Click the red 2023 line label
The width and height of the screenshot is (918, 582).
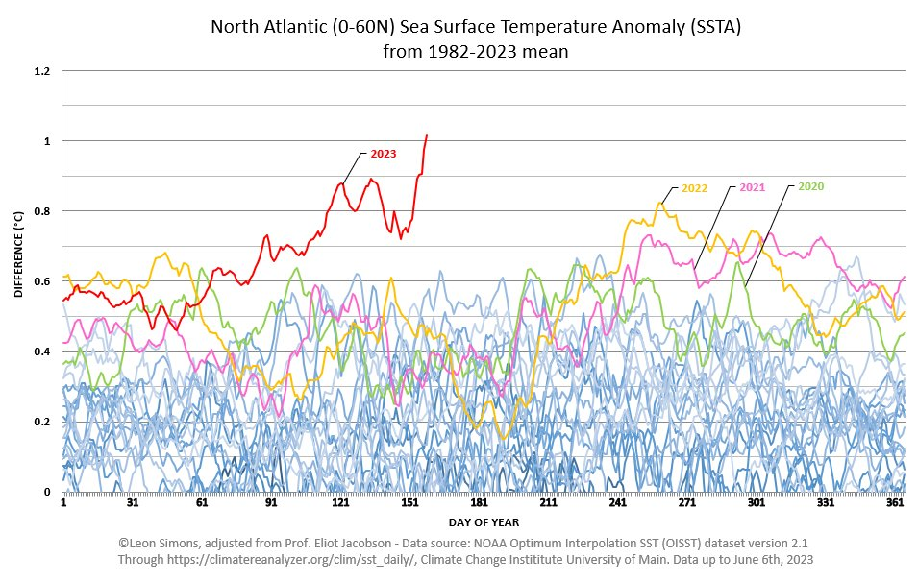[x=383, y=154]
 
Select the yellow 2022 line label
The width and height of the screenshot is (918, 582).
[x=694, y=188]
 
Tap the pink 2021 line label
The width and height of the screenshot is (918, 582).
[x=753, y=187]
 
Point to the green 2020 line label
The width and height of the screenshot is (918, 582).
[x=811, y=186]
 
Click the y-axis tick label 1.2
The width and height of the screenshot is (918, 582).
[x=42, y=71]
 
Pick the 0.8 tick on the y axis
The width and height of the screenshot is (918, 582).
[x=42, y=211]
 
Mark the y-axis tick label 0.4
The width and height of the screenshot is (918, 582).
[x=42, y=352]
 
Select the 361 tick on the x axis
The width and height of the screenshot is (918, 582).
[x=895, y=502]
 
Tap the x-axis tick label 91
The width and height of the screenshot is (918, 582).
[x=271, y=502]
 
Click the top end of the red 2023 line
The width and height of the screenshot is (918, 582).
[x=427, y=135]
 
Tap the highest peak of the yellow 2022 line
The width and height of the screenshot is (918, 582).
[x=660, y=202]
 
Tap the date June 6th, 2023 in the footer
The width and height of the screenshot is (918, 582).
[x=761, y=558]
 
